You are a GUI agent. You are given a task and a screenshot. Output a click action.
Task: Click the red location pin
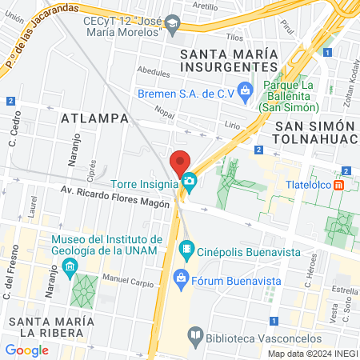[x=180, y=161]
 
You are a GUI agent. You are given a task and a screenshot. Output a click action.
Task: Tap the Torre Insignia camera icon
[x=189, y=182]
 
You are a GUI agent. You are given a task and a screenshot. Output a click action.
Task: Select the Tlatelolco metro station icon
[x=340, y=185]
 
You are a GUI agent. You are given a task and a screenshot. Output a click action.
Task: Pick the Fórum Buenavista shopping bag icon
[x=181, y=278]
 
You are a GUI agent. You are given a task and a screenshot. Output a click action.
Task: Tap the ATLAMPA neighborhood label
[x=95, y=118]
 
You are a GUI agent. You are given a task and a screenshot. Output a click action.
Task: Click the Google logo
[x=26, y=350]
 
